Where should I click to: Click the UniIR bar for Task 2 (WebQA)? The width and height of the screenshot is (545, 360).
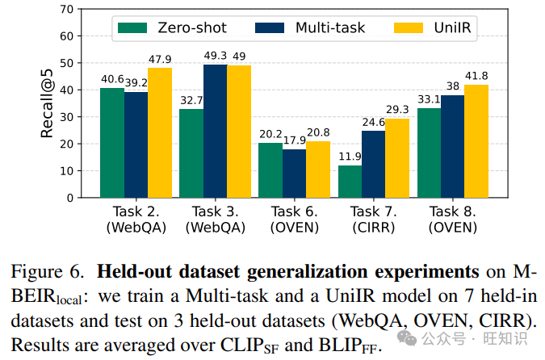coord(160,132)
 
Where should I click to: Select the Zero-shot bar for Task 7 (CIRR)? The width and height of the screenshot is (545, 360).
coord(350,181)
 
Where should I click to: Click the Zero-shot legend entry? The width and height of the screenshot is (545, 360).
coord(172,28)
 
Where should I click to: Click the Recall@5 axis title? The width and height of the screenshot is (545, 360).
coord(48,103)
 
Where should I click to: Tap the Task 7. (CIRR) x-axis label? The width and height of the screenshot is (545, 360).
coord(374,219)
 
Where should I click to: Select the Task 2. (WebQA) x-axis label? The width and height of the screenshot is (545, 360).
coord(136,219)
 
